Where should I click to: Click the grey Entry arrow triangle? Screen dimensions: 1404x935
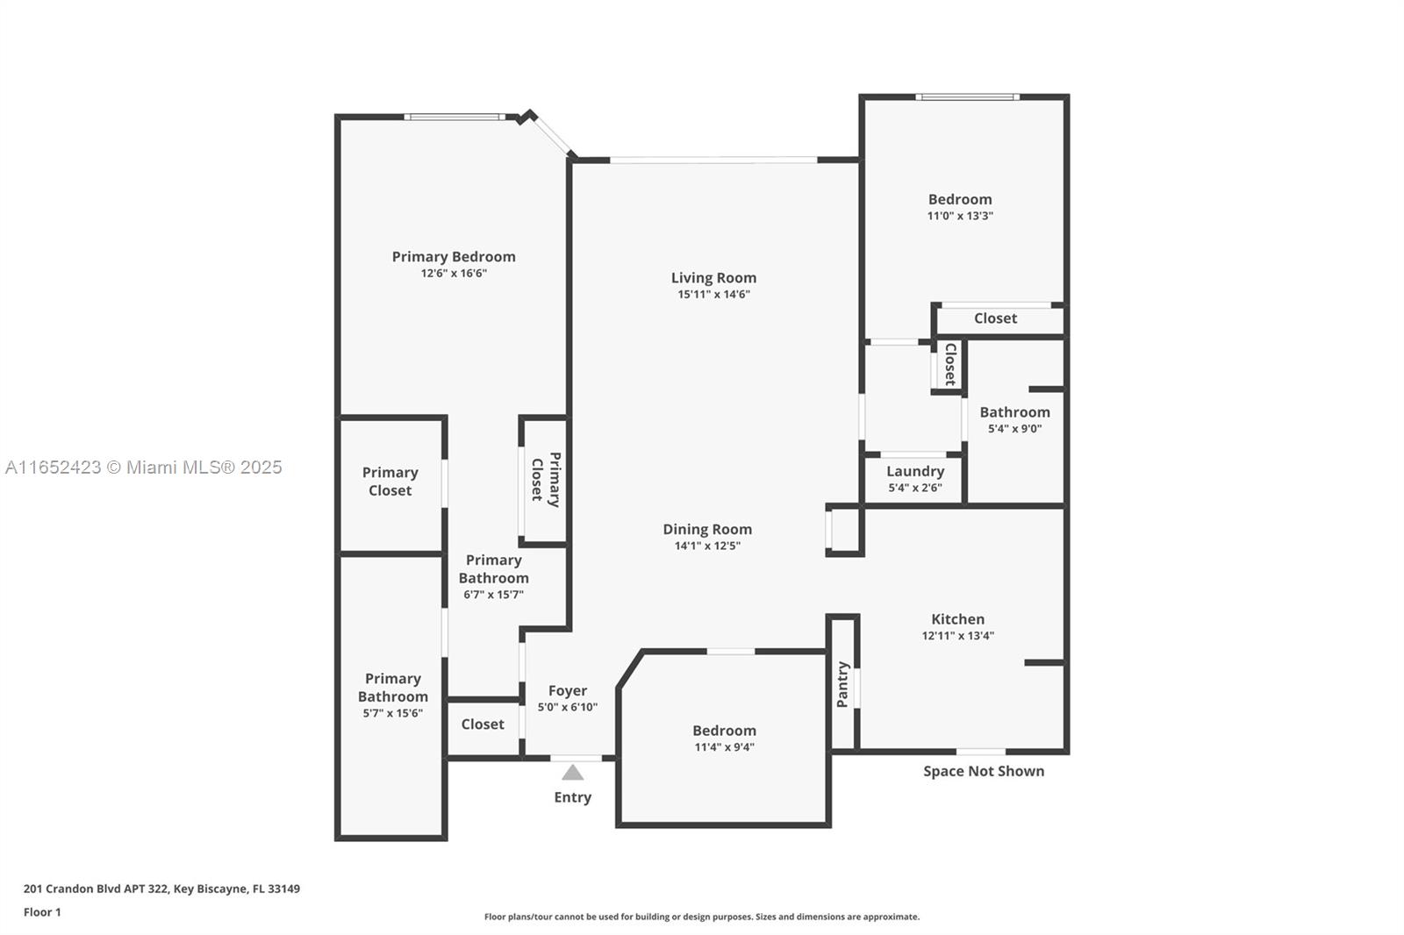pyautogui.click(x=573, y=773)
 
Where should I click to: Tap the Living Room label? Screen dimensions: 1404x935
pyautogui.click(x=714, y=278)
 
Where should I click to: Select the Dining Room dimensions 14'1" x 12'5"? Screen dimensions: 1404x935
pyautogui.click(x=707, y=546)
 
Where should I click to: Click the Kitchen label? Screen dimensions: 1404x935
pyautogui.click(x=957, y=619)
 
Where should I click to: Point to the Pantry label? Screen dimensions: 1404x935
pyautogui.click(x=842, y=684)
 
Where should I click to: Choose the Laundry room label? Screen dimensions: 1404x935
pyautogui.click(x=915, y=471)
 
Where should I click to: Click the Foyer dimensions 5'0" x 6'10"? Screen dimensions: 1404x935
pyautogui.click(x=568, y=707)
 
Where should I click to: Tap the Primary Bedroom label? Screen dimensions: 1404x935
pyautogui.click(x=454, y=256)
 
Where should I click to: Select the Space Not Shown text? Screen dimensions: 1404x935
pyautogui.click(x=984, y=772)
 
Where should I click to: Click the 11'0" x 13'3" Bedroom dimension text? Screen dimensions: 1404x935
pyautogui.click(x=960, y=216)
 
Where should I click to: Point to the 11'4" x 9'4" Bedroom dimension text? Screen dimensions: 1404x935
pyautogui.click(x=725, y=747)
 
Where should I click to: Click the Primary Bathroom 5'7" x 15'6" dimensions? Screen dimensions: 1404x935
pyautogui.click(x=393, y=713)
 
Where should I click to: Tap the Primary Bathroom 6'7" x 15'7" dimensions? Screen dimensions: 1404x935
pyautogui.click(x=494, y=595)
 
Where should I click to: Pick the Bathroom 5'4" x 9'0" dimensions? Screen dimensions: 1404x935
pyautogui.click(x=1014, y=429)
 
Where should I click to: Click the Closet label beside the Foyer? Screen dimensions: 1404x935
pyautogui.click(x=483, y=724)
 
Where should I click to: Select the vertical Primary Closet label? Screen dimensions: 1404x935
pyautogui.click(x=546, y=480)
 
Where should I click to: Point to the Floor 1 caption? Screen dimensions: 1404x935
pyautogui.click(x=43, y=912)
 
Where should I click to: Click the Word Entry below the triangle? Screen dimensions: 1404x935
pyautogui.click(x=573, y=798)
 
